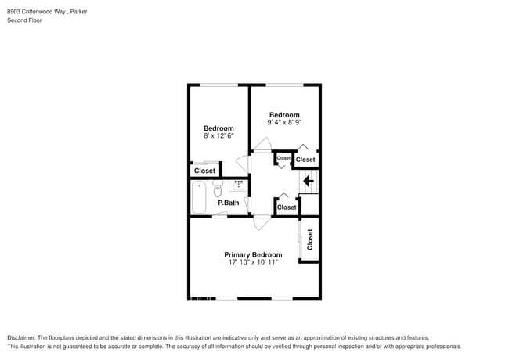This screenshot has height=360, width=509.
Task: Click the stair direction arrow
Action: pos(308,182)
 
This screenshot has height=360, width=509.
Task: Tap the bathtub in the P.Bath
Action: pos(199,196)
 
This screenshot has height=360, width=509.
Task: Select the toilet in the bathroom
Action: pos(218,189)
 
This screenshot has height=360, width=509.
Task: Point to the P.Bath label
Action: pos(229,203)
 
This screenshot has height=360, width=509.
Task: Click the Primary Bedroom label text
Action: pos(253,254)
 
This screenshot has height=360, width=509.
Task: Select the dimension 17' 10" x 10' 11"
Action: pos(253,263)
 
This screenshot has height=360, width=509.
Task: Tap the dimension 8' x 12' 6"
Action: pos(218,136)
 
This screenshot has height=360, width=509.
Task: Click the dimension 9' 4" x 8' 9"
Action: pos(284,122)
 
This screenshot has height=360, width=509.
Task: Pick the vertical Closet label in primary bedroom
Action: pos(310,239)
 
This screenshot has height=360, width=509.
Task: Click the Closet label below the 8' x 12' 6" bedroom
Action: pos(204,171)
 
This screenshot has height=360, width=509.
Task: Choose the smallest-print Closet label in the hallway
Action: pos(283,158)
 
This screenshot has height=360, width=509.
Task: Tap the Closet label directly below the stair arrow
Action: pos(287,207)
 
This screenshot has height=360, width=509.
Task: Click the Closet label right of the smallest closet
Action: pos(305,160)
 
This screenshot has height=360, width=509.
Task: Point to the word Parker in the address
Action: pos(78,12)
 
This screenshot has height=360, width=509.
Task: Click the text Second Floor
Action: pos(24,20)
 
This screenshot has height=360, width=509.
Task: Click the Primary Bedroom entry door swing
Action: pos(260,223)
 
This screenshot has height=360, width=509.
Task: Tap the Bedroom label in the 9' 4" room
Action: pos(284,114)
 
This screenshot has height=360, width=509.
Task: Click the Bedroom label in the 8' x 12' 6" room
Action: pos(218,128)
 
